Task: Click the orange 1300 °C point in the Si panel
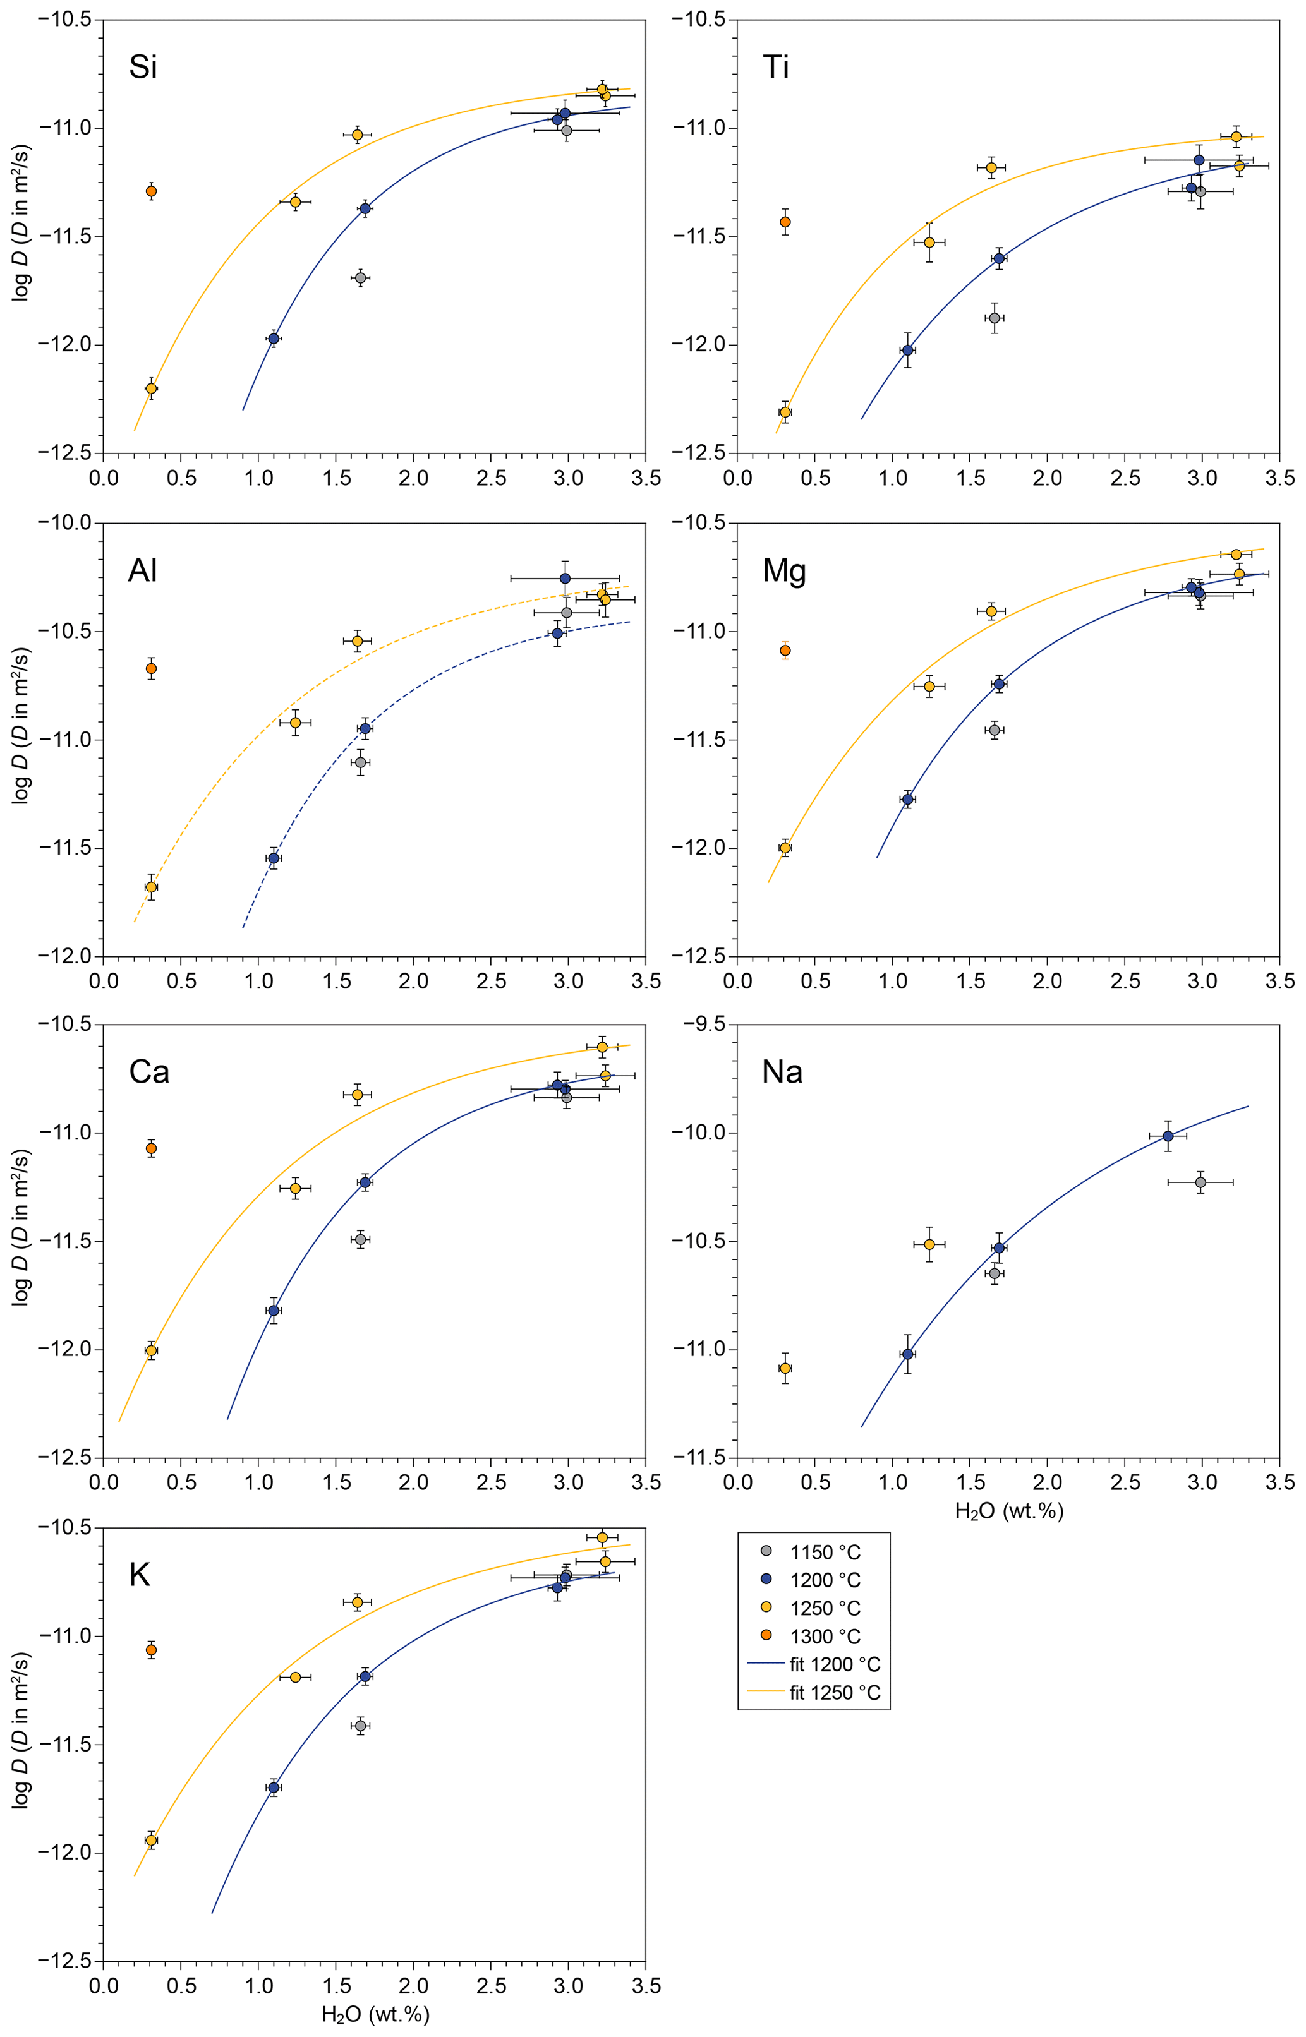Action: [151, 191]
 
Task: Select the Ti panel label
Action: [776, 67]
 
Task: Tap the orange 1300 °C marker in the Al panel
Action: [151, 669]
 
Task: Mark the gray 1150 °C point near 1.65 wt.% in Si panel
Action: [360, 278]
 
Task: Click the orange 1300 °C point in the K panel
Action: [151, 1650]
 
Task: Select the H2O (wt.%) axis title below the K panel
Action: [375, 2015]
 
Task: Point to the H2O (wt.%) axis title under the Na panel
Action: [1008, 1511]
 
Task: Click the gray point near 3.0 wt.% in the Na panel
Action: [1200, 1182]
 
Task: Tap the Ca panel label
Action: [149, 1073]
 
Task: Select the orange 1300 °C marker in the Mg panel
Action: [785, 650]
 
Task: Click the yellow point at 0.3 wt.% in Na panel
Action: [785, 1368]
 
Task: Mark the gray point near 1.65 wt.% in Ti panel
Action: [994, 318]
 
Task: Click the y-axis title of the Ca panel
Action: [21, 1239]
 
